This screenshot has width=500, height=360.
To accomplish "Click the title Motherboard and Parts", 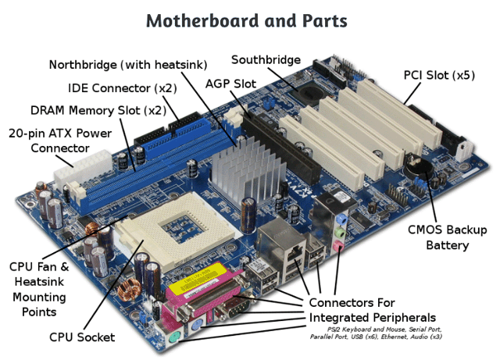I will pos(250,20).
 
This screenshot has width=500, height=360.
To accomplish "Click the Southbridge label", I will pos(266,59).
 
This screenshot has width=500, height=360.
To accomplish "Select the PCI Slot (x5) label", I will pos(438,76).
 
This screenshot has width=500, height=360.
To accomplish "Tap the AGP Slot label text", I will pos(230,83).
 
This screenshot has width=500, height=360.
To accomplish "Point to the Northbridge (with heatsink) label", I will pos(127,64).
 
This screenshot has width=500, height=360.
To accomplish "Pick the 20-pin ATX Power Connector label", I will pos(59,141).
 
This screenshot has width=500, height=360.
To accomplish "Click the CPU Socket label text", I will pos(82,337).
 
